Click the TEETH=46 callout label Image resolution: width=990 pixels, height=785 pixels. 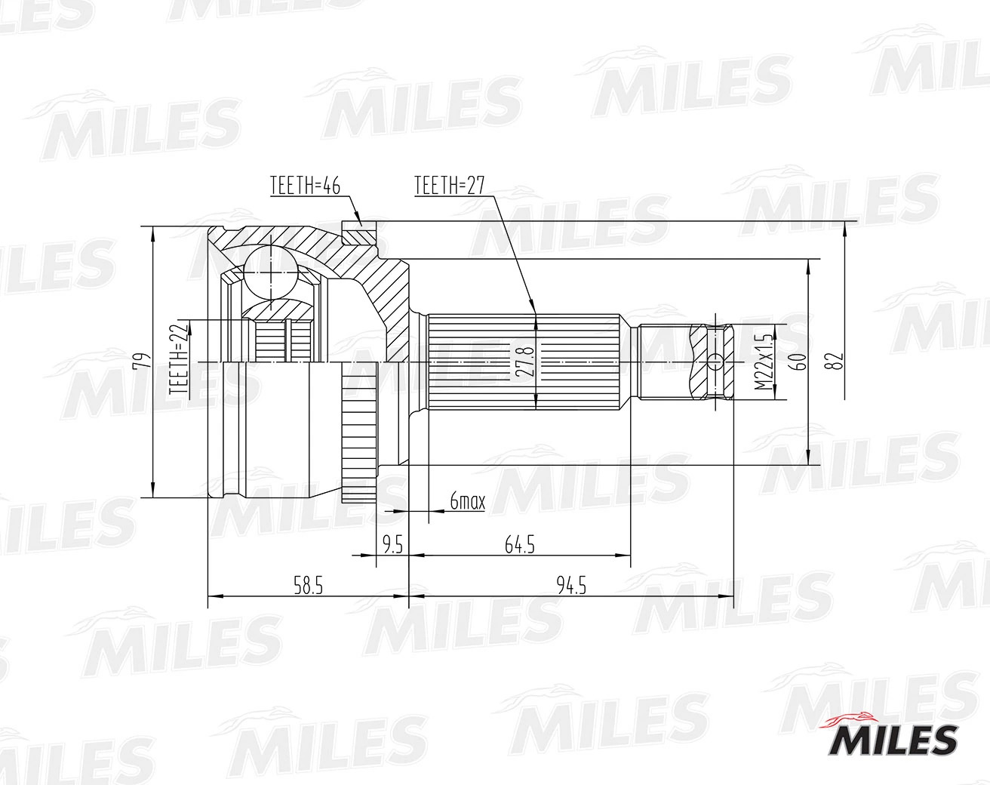coord(305,186)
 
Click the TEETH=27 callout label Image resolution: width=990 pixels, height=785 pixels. coord(450,186)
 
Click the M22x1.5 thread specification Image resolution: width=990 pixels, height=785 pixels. coord(762,362)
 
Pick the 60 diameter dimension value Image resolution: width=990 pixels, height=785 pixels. coord(800,363)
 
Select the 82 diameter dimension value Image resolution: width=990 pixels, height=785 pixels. coord(836,362)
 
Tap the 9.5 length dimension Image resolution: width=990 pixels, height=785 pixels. coord(392,546)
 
